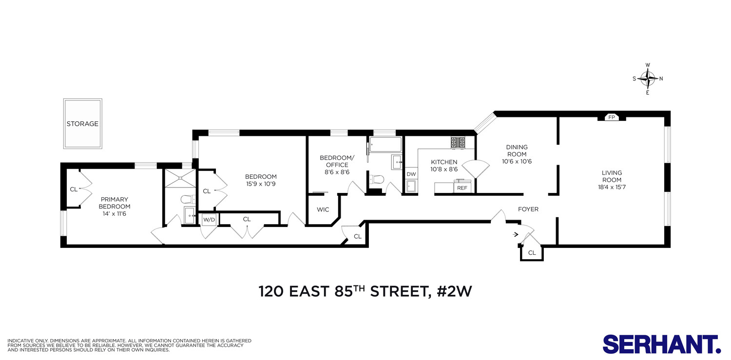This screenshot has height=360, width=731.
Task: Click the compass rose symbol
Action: (648, 78)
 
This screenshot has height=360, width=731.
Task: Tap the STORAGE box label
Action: (82, 124)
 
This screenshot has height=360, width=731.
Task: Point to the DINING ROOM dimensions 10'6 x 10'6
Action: (517, 162)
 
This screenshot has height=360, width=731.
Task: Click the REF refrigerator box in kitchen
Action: (462, 188)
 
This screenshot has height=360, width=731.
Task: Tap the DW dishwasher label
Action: (411, 174)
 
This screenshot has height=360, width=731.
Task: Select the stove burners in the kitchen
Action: (458, 142)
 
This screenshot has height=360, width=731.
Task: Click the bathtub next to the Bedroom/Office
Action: (385, 144)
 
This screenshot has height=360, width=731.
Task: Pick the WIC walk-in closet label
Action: (323, 209)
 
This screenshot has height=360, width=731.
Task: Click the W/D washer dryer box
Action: (209, 220)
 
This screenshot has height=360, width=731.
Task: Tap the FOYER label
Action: (528, 209)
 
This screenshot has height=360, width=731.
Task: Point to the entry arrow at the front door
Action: (516, 234)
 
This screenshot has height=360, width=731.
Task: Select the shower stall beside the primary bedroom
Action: (179, 178)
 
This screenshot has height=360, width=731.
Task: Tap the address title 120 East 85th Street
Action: (365, 292)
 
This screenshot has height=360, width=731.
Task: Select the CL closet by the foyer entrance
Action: (532, 253)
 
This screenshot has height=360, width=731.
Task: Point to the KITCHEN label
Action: (443, 162)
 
